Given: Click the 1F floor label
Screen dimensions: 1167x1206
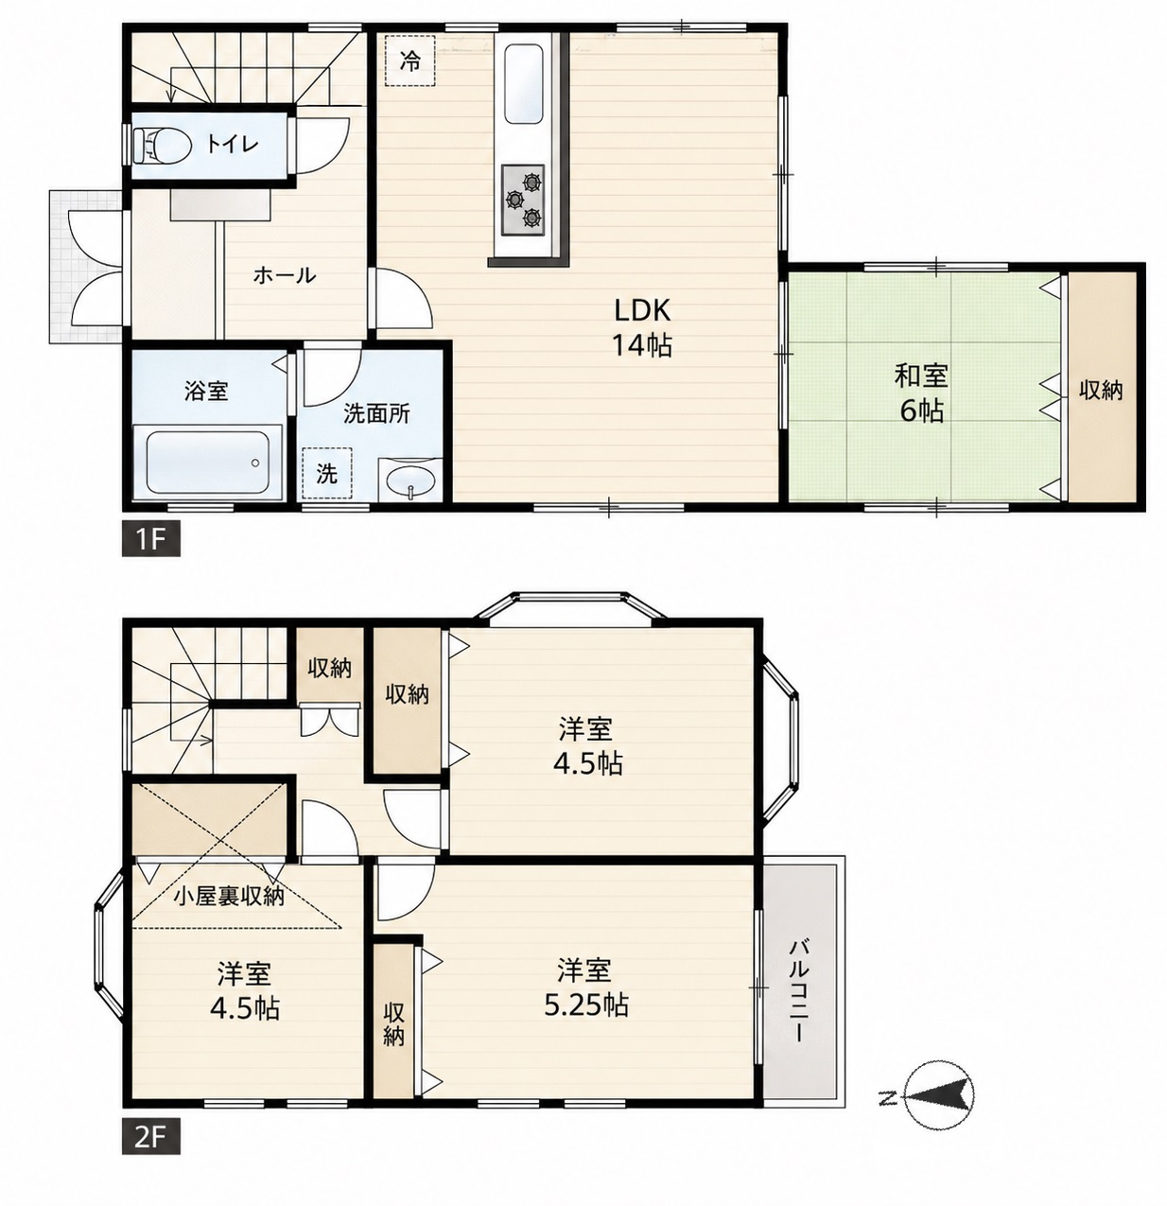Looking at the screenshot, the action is [x=150, y=539].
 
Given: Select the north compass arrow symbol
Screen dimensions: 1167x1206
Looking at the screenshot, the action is [x=938, y=1099].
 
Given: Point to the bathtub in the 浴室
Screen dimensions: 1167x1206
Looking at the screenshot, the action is [x=208, y=461].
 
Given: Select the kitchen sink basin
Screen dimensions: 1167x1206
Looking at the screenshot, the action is [x=523, y=83].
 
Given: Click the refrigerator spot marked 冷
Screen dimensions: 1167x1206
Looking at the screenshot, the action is [x=409, y=61].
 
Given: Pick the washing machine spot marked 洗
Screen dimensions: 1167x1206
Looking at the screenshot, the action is [x=326, y=474].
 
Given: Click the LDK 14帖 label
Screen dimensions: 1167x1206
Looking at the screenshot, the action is [x=642, y=327].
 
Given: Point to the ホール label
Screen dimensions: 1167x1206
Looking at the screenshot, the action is [x=285, y=274].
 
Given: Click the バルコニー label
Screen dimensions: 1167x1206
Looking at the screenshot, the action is [x=798, y=990].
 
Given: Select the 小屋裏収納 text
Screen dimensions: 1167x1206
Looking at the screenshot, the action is [x=229, y=896].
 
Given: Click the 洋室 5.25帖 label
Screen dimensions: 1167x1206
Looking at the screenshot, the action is [x=586, y=988].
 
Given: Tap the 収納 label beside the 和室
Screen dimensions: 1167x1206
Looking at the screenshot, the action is [x=1101, y=391].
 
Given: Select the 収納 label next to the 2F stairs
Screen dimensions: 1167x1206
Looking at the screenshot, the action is [x=330, y=668].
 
